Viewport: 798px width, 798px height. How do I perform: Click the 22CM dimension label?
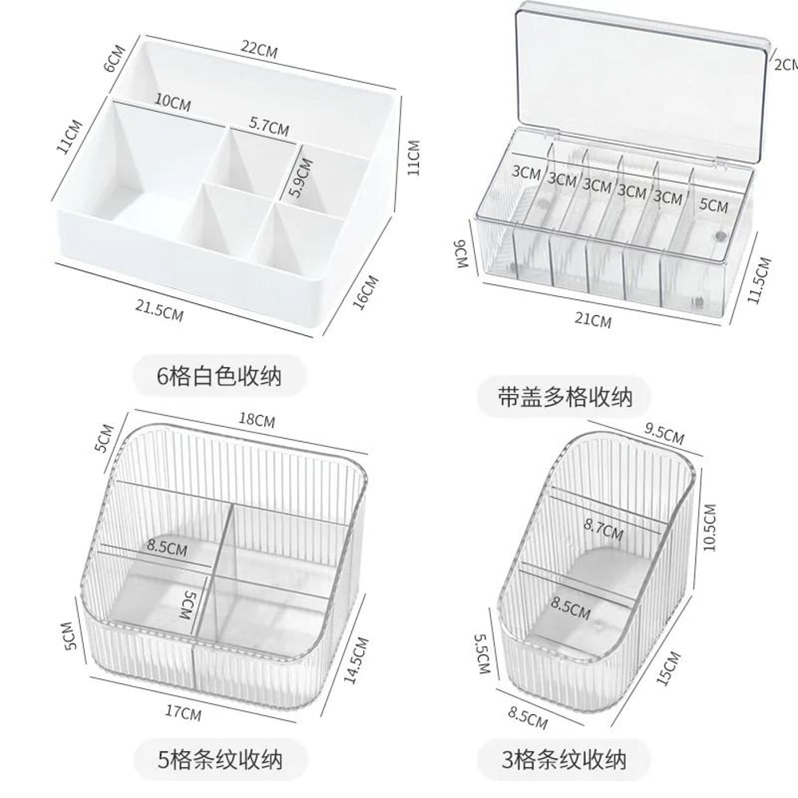coord(260,51)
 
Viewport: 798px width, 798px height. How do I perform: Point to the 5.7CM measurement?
coord(269,125)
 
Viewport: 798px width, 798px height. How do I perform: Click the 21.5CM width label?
coord(160,309)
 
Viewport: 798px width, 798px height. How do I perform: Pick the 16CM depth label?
coord(364,291)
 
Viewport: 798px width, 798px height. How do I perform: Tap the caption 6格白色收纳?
coord(219,375)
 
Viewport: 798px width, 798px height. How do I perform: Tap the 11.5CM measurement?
coord(764,279)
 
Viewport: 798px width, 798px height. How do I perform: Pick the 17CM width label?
coord(185,713)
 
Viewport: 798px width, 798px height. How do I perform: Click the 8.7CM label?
coord(603,528)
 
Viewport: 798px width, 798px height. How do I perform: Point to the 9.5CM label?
coord(663,436)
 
